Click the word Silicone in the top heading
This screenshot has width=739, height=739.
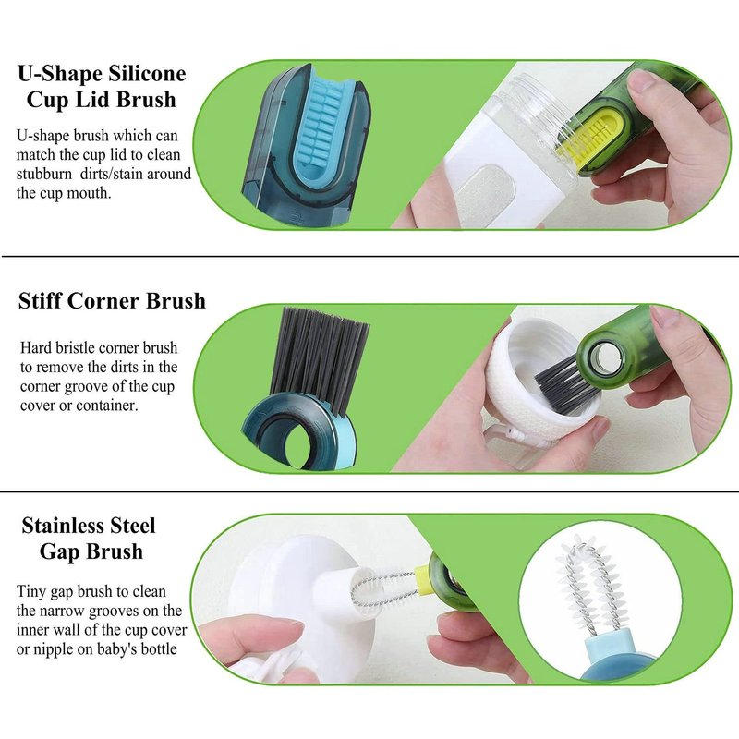pos(148,74)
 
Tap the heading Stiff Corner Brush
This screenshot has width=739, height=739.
pos(112,301)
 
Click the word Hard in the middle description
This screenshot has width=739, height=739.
pos(36,348)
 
